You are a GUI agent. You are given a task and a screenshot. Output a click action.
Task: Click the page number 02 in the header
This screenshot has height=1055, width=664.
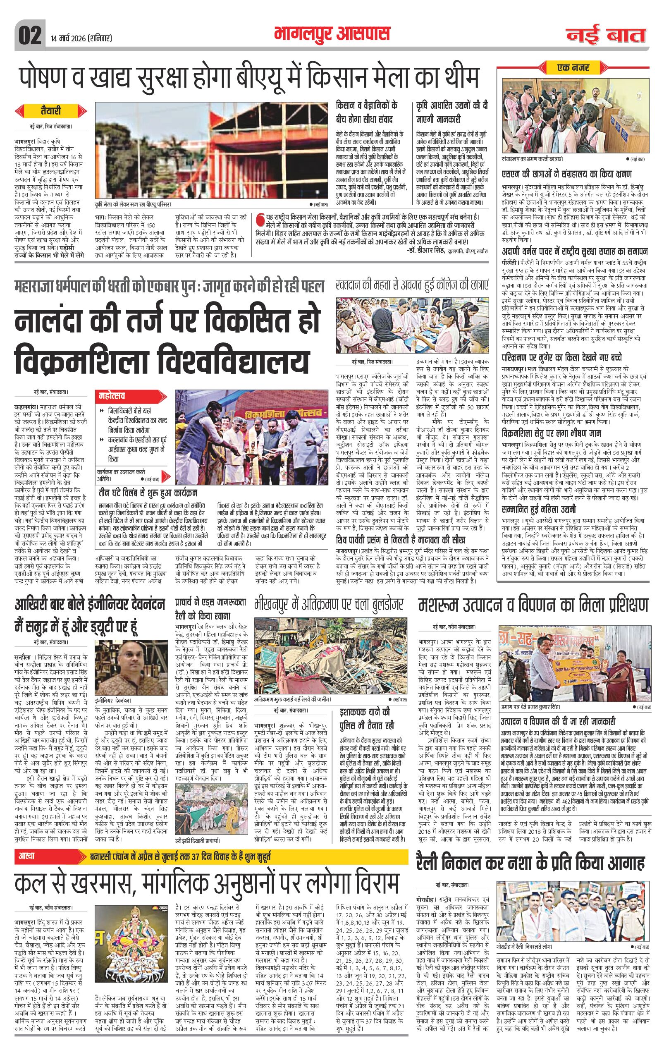click(30, 36)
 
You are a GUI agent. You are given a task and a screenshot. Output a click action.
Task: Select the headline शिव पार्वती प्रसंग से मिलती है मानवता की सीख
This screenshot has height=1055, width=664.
click(400, 539)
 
